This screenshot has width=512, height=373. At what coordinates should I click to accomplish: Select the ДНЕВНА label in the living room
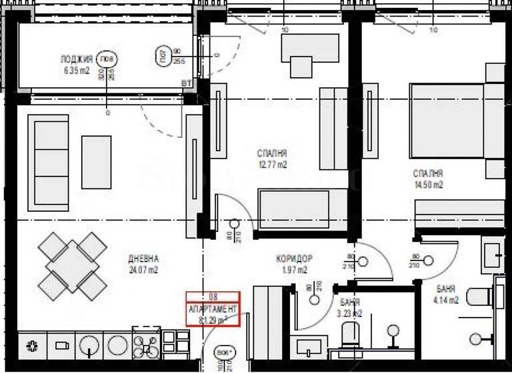(x=143, y=258)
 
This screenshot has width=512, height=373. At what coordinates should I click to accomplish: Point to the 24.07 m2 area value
(x=143, y=270)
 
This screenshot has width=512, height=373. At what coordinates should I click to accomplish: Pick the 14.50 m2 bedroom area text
(x=427, y=185)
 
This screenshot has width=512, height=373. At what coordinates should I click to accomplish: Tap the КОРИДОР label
(x=294, y=258)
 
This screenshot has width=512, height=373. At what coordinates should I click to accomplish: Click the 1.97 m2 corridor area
(x=294, y=270)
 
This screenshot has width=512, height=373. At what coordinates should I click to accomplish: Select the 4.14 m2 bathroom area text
(x=446, y=300)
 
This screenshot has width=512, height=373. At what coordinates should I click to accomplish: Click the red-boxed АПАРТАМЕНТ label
(x=212, y=309)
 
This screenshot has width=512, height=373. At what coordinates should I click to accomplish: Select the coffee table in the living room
(x=96, y=162)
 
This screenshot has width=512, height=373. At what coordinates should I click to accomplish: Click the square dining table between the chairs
(x=72, y=266)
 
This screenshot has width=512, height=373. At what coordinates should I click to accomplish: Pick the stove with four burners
(x=147, y=344)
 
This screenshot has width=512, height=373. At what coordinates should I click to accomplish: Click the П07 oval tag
(x=161, y=55)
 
